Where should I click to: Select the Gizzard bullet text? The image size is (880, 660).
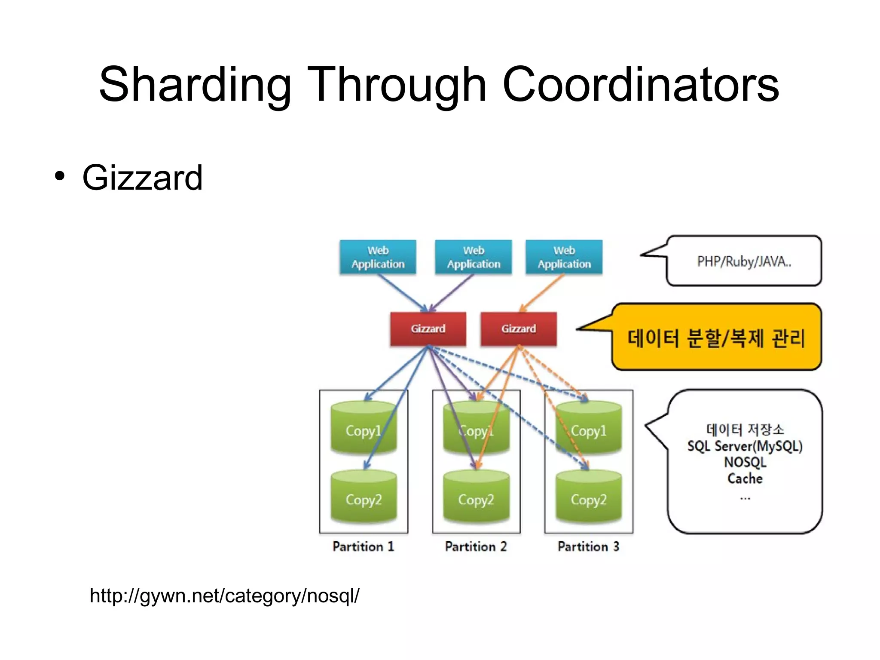[x=142, y=178]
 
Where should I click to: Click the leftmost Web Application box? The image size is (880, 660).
[x=378, y=257]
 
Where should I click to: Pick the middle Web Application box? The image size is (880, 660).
[x=474, y=257]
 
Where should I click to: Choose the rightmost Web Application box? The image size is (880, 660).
[x=564, y=257]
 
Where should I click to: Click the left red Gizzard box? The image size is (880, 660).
[x=428, y=329]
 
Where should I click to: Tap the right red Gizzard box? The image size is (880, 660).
[x=519, y=329]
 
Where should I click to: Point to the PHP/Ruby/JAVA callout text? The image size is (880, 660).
[x=744, y=261]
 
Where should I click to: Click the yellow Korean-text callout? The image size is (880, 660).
[x=716, y=338]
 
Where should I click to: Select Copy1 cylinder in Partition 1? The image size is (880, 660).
[x=364, y=430]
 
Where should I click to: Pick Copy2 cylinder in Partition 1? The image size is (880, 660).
[x=364, y=499]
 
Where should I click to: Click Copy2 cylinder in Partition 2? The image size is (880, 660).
[x=476, y=499]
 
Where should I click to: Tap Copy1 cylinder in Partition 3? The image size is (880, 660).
[x=589, y=430]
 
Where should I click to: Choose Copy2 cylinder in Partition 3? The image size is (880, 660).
[x=589, y=499]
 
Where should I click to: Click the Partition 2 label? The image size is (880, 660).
[x=476, y=546]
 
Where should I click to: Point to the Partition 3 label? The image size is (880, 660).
[x=589, y=546]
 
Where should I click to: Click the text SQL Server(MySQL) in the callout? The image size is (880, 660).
[x=745, y=446]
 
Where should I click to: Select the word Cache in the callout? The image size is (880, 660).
[x=745, y=478]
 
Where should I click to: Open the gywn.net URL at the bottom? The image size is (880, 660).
[x=224, y=596]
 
